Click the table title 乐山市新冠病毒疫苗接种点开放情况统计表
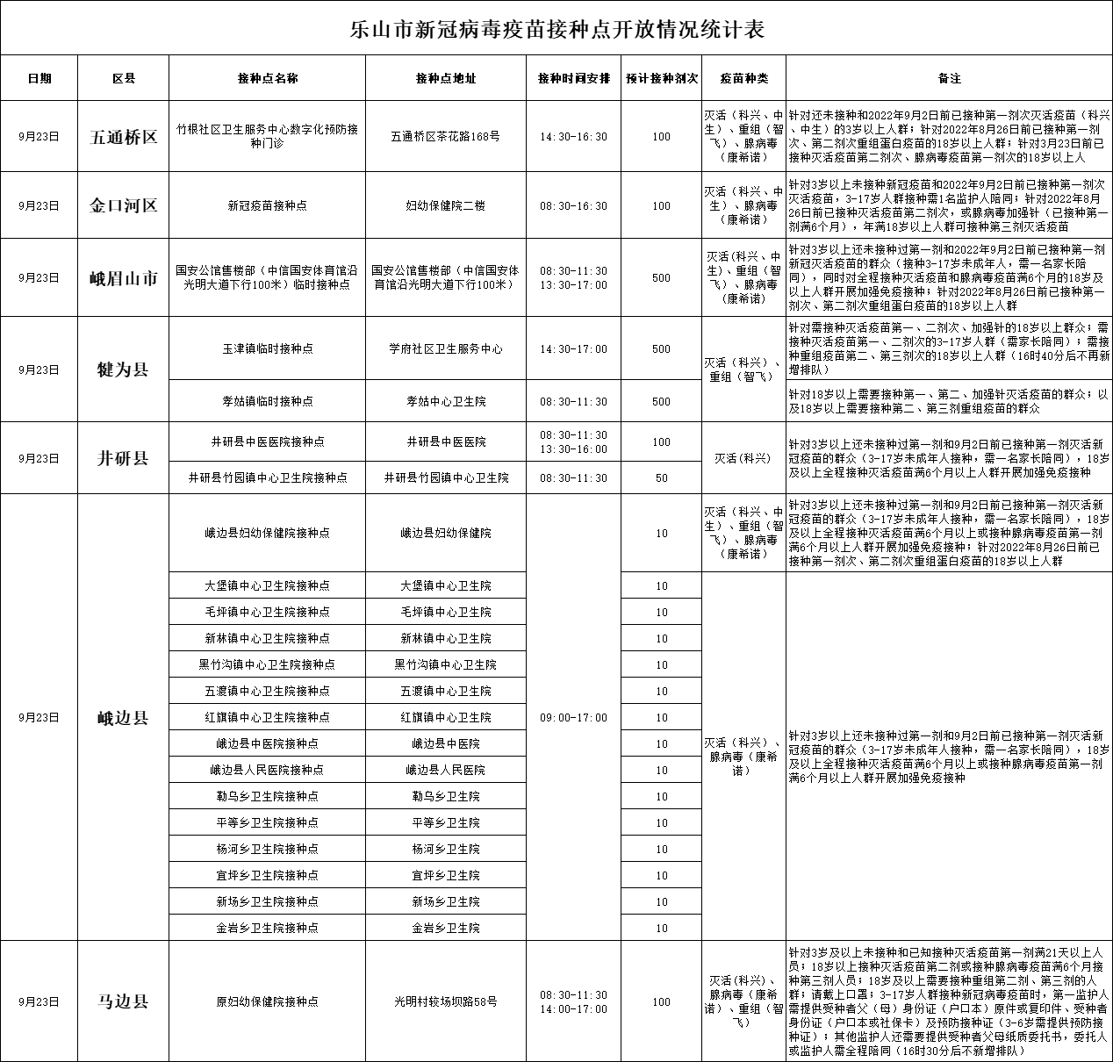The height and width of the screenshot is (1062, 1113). [556, 30]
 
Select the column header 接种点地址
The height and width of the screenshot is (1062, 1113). [446, 78]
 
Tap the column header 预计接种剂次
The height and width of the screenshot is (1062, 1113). [661, 78]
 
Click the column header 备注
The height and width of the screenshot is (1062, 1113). [949, 78]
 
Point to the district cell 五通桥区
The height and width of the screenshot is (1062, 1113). [123, 137]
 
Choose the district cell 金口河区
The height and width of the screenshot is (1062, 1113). [123, 206]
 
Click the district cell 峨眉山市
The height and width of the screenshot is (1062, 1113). [123, 278]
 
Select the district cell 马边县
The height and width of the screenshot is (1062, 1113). [123, 1001]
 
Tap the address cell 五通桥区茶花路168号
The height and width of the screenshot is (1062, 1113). [446, 137]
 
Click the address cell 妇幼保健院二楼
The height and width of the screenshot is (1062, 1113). [446, 206]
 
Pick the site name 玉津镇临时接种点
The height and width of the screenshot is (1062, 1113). [268, 349]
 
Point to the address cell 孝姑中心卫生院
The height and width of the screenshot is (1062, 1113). [446, 401]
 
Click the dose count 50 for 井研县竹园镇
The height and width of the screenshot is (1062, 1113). [661, 478]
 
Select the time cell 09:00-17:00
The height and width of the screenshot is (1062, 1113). [573, 718]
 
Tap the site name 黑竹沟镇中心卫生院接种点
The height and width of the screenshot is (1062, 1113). [268, 665]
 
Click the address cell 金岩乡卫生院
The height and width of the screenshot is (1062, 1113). [446, 928]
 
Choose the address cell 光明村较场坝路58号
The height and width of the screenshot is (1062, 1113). [446, 1001]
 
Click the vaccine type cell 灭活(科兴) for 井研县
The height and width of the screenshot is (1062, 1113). [743, 458]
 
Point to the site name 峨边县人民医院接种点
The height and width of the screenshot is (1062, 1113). [268, 771]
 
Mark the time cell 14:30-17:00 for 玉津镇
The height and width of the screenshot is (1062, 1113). [573, 349]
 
